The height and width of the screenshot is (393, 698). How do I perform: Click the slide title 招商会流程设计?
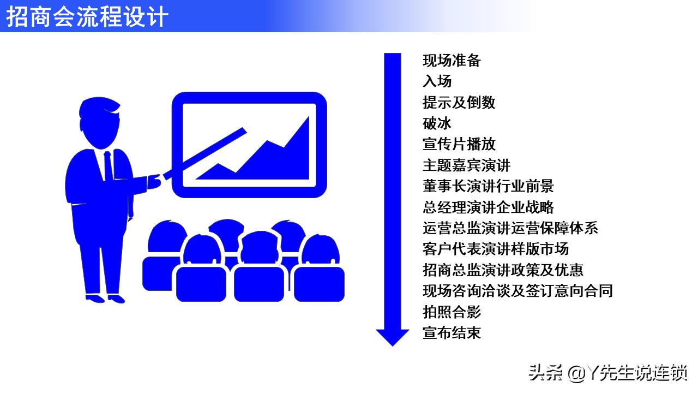[x=87, y=16]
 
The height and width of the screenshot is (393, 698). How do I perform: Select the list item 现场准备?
[x=452, y=61]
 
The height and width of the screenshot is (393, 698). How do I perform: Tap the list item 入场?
[x=437, y=81]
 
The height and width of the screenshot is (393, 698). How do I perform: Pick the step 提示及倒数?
[x=459, y=102]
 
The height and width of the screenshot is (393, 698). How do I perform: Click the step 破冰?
[x=437, y=123]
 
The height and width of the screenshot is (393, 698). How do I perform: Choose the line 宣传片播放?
[x=459, y=144]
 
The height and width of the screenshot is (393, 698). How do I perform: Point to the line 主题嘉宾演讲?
[x=466, y=165]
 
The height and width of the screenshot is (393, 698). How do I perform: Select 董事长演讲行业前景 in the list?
[x=488, y=186]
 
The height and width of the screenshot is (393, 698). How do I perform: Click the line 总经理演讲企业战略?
[x=488, y=207]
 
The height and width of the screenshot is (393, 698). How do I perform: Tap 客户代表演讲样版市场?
[x=496, y=249]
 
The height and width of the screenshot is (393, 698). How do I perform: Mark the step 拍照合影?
[x=452, y=312]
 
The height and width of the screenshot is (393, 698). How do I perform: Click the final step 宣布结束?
[x=452, y=332]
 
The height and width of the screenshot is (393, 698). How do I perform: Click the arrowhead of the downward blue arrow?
[x=392, y=336]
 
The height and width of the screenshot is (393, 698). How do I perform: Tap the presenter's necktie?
[x=109, y=166]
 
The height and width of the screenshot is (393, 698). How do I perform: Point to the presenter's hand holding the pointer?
[x=155, y=180]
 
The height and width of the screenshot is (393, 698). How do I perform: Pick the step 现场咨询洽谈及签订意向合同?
[x=518, y=291]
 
